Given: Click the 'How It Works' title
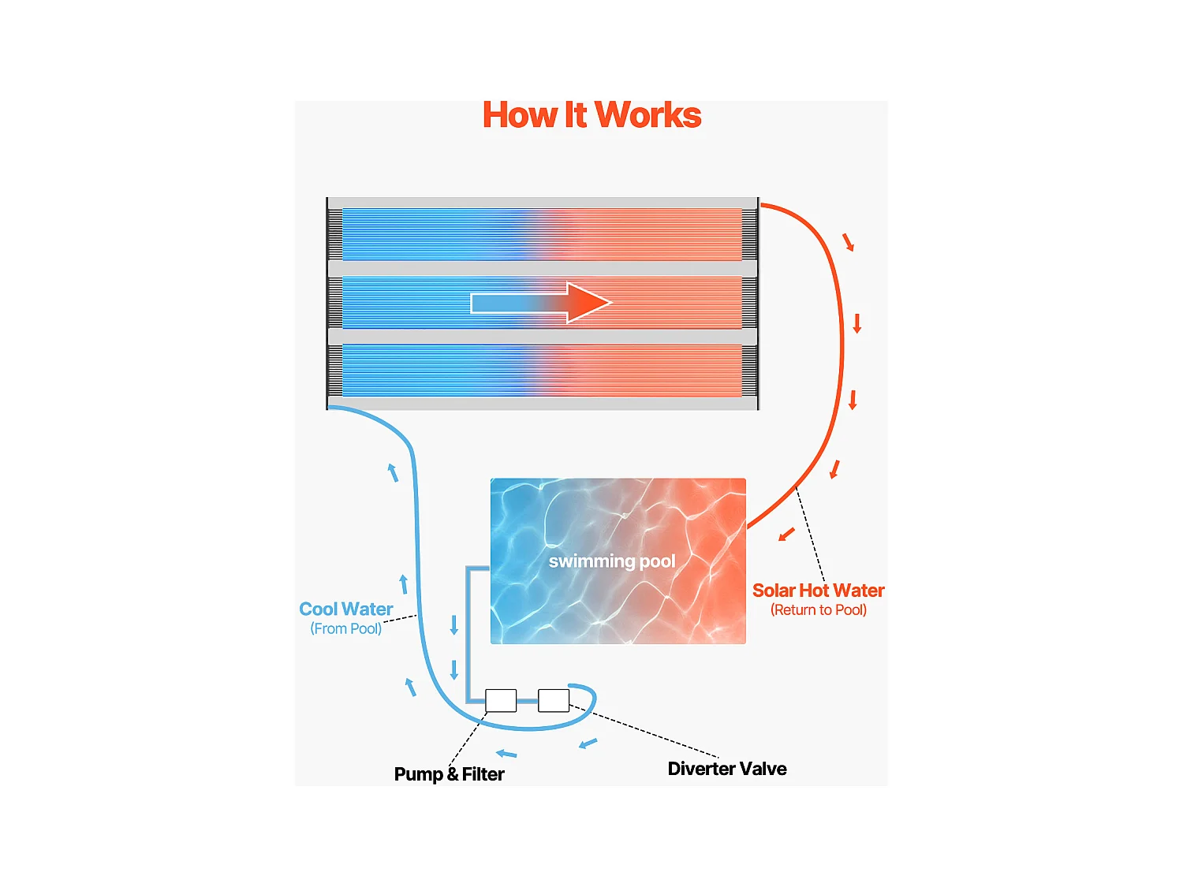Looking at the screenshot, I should point(591,115).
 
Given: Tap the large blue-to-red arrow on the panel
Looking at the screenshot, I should point(541,303).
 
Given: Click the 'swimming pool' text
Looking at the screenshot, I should point(612,561).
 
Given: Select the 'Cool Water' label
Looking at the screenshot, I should point(345,609).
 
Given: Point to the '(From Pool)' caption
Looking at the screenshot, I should point(345,628).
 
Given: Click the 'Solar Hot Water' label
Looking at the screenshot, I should point(818,591).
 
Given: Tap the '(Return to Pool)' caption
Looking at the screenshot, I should point(818,610).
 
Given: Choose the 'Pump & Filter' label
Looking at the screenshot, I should point(449,774).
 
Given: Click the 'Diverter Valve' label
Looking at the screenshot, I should point(726,769).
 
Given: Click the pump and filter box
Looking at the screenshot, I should point(501,700).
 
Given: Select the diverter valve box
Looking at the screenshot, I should point(554,700).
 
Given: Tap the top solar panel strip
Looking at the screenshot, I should point(542,234).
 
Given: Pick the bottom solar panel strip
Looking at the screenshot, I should point(542,370).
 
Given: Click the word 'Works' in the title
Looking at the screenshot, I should point(647,115).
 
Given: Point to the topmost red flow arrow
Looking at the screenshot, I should point(849,242).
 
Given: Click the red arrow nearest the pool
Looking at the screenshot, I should point(786,535).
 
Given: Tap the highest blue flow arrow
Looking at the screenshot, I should point(393,472).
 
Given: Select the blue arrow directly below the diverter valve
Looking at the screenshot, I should point(588,743).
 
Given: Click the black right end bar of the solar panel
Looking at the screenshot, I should point(758,304).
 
